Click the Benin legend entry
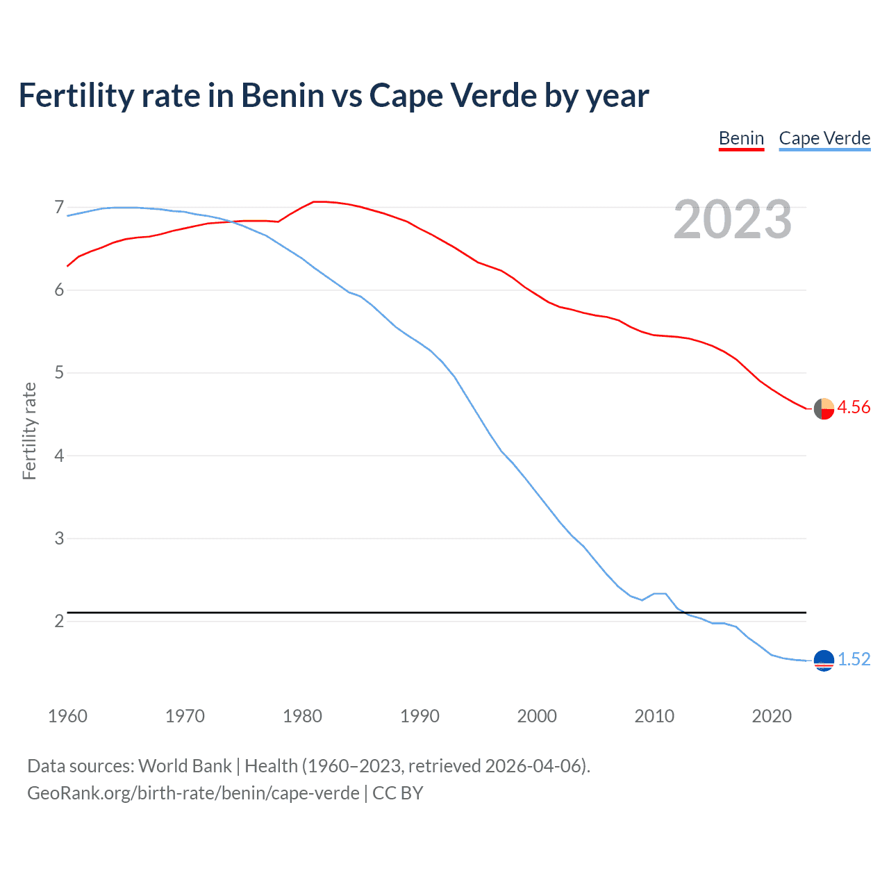coord(741,138)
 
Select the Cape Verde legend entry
coord(824,138)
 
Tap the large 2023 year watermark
coord(732,219)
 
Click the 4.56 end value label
coord(854,408)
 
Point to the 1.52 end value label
coord(854,659)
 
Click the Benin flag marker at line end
coord(824,409)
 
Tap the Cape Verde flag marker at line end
coord(824,660)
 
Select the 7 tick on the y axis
coord(59,207)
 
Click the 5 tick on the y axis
coord(59,373)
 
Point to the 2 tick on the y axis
coord(59,621)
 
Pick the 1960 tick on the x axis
coord(67,716)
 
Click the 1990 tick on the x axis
coord(419,716)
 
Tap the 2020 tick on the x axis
coord(772,716)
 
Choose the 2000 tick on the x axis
coord(537,716)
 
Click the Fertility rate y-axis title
coord(29,431)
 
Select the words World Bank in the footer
coord(185,766)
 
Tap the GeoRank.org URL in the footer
coord(193,793)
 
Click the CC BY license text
coord(398,793)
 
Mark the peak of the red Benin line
coord(316,201)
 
